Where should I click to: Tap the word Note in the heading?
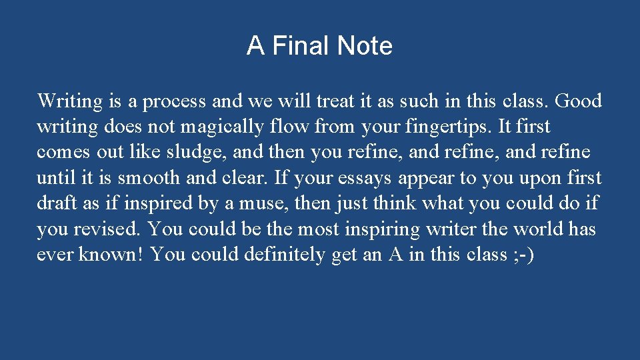(365, 46)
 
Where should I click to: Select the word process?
(175, 102)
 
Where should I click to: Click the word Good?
(578, 101)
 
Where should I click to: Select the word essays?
(367, 178)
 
